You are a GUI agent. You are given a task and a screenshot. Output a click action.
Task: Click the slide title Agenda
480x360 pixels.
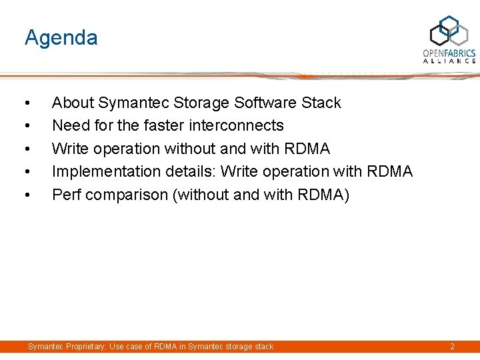coord(61,38)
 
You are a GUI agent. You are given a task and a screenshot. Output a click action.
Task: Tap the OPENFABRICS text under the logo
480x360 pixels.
coord(449,53)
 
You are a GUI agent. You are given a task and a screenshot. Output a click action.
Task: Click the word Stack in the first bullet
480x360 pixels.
coord(321,103)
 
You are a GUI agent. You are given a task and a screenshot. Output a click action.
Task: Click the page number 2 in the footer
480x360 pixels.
coord(452,347)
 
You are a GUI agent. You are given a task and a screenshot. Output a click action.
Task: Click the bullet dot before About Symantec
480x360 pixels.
coord(26,103)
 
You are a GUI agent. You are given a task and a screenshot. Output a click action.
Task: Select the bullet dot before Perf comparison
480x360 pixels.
coord(26,195)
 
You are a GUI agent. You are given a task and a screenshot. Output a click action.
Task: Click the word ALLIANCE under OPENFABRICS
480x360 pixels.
coord(449,61)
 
